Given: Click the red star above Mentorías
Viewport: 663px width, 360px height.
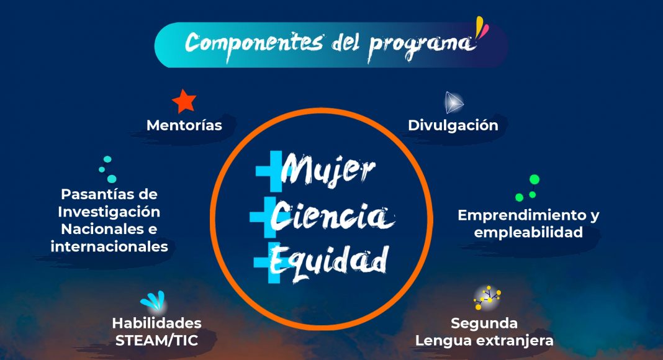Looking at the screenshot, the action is coord(184,101).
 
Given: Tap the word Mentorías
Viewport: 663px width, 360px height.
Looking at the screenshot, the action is coord(184,125).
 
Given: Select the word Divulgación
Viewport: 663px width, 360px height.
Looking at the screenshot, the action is coord(453,125).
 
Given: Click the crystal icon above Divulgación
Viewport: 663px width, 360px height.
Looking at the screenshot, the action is coord(454,102).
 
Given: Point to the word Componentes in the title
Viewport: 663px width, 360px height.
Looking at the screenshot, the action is coord(254,43).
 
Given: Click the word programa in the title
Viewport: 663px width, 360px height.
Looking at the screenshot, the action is coord(420,46).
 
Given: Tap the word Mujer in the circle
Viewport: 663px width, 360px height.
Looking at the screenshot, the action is coord(328,170).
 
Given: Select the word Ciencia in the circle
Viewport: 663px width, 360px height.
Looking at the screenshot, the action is coord(332,216).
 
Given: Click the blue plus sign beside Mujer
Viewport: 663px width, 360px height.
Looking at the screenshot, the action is coord(270,171).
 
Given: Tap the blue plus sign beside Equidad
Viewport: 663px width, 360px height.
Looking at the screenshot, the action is coord(268,263).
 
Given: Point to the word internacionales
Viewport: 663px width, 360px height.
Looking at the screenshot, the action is coord(109,246).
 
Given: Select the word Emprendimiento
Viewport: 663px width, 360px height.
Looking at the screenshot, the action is coord(523,215).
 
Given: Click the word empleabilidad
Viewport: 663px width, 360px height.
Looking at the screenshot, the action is coord(528,232).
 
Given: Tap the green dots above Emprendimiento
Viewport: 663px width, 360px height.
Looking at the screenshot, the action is coord(528,187).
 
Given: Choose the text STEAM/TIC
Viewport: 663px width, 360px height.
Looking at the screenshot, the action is coord(157,341).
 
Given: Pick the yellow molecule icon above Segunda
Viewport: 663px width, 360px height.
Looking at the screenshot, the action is coord(487,297).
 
